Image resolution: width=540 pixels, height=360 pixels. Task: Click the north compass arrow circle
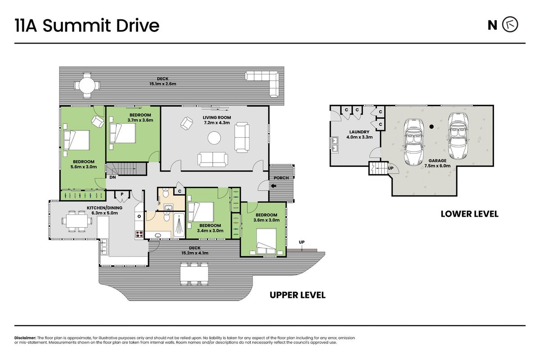pos(510,25)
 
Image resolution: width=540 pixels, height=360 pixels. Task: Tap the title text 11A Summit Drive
pos(87,26)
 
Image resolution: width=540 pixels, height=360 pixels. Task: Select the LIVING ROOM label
pos(217,117)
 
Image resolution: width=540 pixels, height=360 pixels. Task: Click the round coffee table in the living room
pos(214,138)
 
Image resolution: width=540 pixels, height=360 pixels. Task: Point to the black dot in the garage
pos(432,126)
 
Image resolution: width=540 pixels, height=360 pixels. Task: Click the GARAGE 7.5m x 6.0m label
pos(437,163)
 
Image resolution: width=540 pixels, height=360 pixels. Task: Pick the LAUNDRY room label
pos(359,132)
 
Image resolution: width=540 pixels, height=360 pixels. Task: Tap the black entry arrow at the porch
pos(274,186)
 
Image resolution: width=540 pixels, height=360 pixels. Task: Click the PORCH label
pos(281,178)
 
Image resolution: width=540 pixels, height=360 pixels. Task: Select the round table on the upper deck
pos(87,85)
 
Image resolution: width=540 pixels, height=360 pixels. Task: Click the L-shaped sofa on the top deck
pos(262,84)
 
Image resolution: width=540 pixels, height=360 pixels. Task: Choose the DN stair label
pos(112,177)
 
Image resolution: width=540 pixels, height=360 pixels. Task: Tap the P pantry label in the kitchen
pos(122,194)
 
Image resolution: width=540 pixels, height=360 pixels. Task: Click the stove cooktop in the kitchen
pos(139,234)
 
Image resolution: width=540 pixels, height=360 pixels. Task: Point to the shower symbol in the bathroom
pos(179,225)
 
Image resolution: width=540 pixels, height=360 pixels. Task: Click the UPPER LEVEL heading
pos(297,295)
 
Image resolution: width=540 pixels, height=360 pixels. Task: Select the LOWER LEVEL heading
pos(469,214)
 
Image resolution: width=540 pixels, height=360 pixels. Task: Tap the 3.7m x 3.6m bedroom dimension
pos(140,120)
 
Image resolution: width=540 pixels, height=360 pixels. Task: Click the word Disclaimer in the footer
pos(25,338)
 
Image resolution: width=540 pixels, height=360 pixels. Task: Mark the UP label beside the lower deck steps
pos(301,242)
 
